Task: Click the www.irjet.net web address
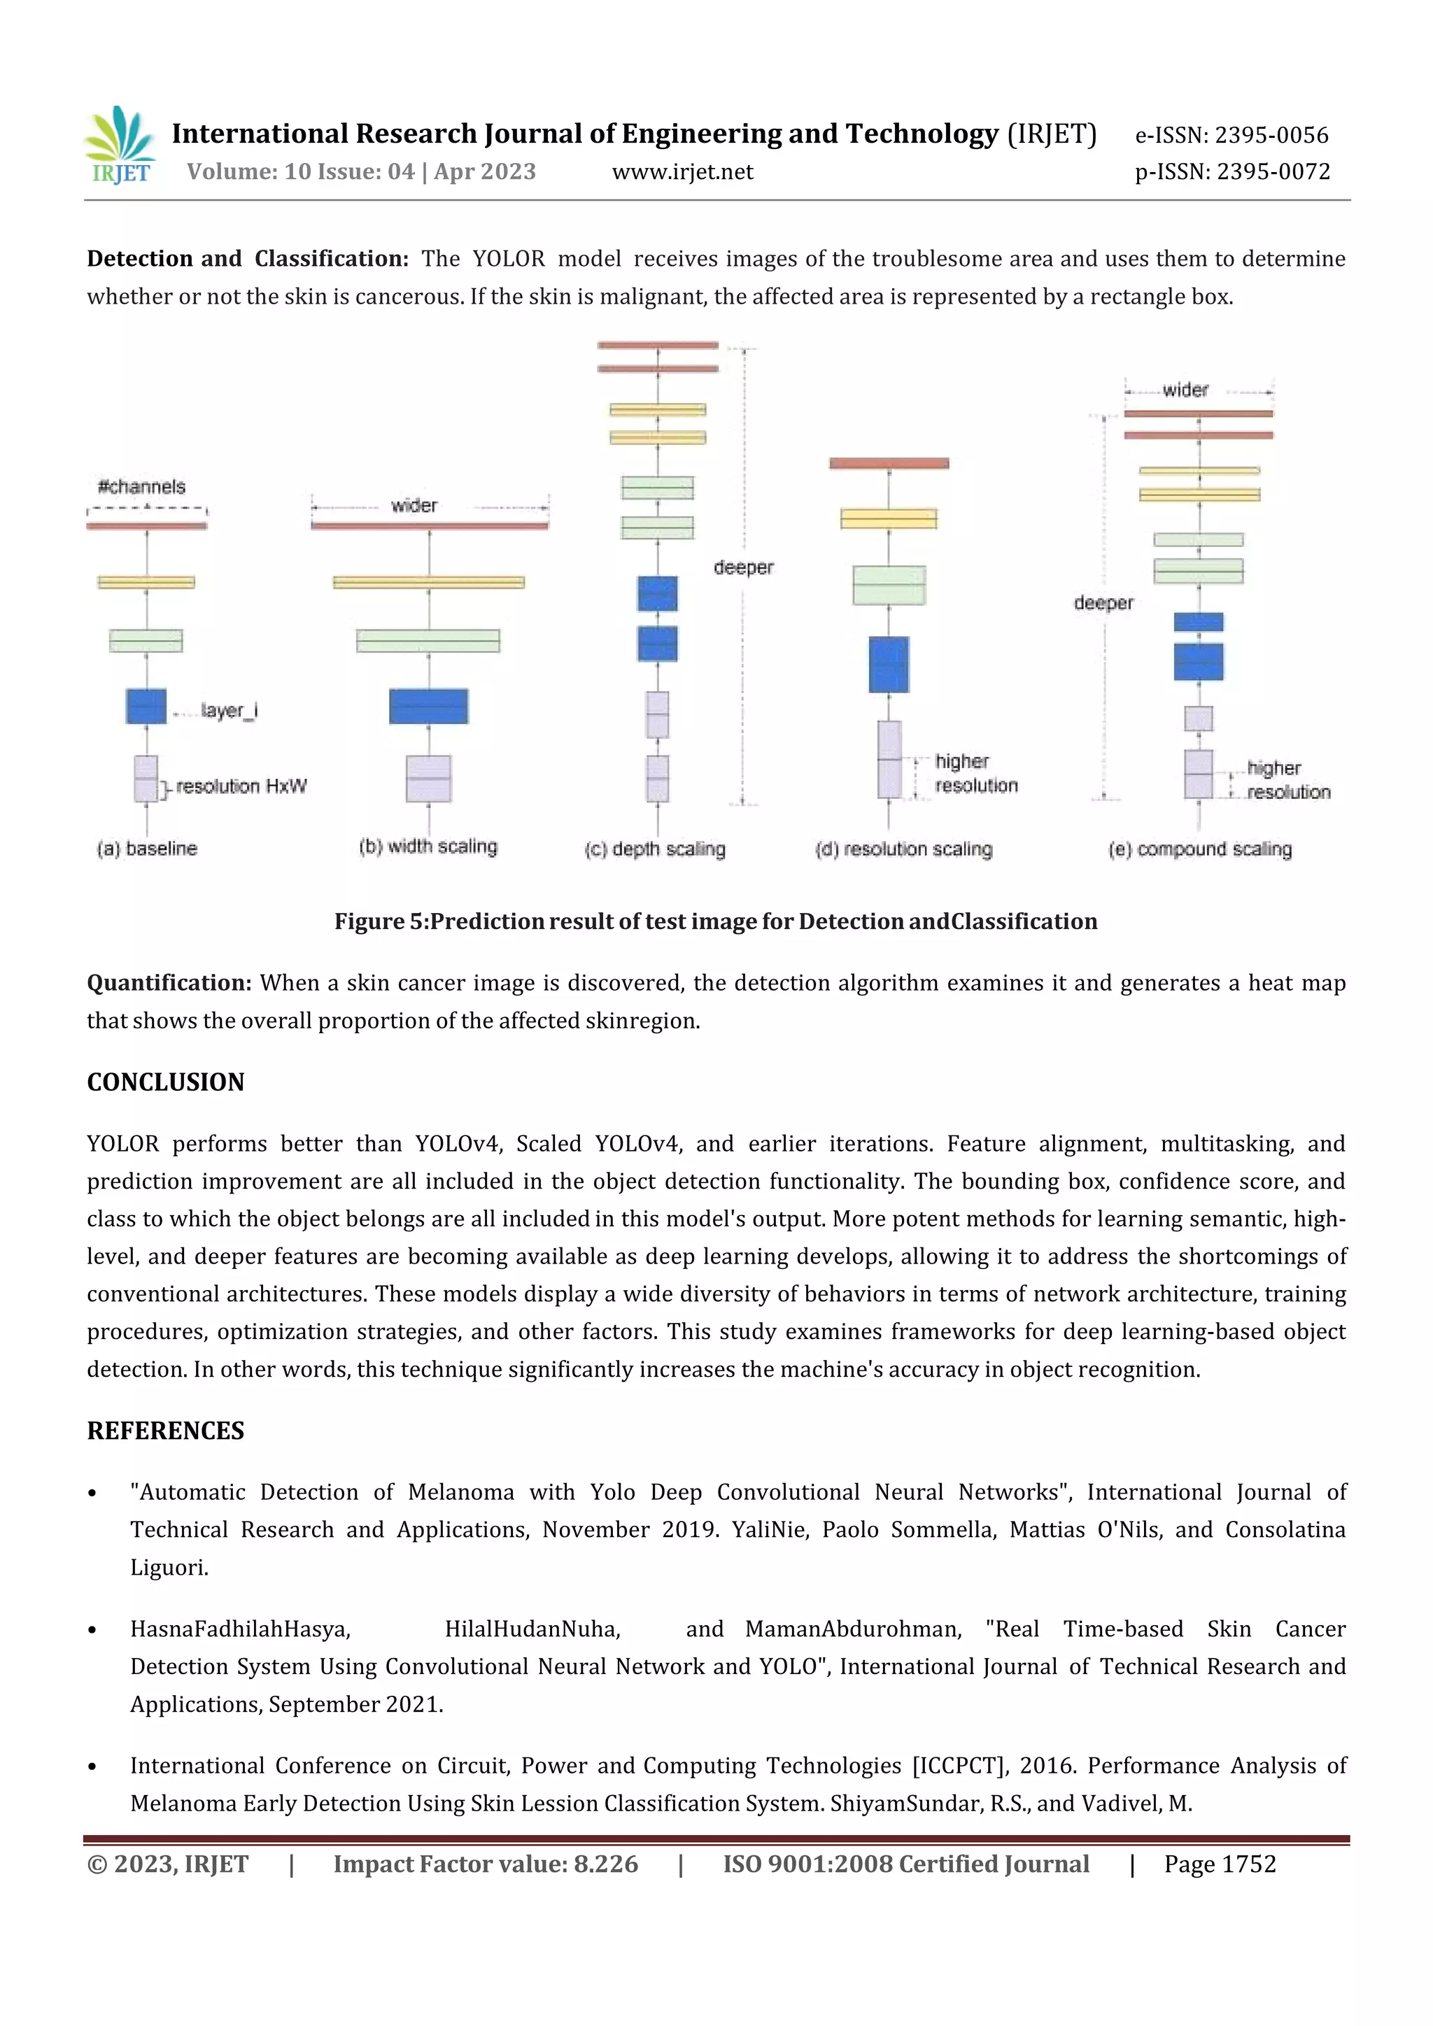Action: [682, 171]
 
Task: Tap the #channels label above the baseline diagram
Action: [141, 487]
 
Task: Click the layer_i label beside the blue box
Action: [229, 710]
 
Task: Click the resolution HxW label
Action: [241, 786]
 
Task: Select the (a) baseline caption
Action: [148, 849]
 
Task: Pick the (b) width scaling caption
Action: [428, 847]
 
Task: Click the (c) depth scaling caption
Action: [655, 849]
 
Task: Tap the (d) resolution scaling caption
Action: [903, 849]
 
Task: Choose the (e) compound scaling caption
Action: [1200, 849]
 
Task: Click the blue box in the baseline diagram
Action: [146, 706]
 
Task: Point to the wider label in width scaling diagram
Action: [414, 506]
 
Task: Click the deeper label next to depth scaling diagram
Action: [744, 567]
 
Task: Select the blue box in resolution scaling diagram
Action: [889, 665]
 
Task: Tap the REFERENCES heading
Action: [165, 1431]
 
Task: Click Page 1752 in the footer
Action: [1220, 1864]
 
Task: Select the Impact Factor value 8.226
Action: [486, 1864]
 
